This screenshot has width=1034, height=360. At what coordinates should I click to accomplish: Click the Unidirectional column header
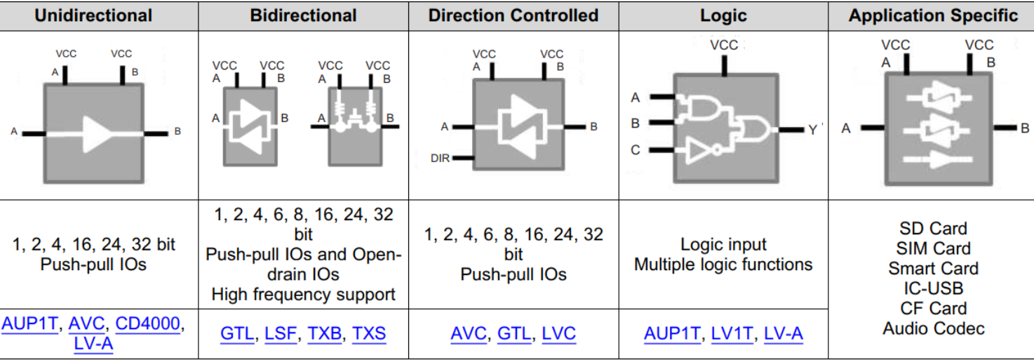pyautogui.click(x=93, y=15)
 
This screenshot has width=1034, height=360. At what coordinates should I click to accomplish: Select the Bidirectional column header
pyautogui.click(x=303, y=15)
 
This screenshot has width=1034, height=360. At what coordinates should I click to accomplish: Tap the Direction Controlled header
pyautogui.click(x=513, y=15)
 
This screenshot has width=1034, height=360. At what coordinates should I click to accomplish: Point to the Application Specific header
pyautogui.click(x=933, y=15)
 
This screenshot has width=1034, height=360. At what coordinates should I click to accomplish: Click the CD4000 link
pyautogui.click(x=148, y=324)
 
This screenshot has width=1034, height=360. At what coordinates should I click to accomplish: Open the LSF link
pyautogui.click(x=280, y=333)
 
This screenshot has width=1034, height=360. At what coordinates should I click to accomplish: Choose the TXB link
pyautogui.click(x=325, y=333)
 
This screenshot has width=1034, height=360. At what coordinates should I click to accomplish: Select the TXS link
pyautogui.click(x=369, y=333)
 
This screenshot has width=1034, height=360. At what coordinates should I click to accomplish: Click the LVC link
pyautogui.click(x=559, y=333)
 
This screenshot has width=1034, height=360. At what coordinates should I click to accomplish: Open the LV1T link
pyautogui.click(x=732, y=333)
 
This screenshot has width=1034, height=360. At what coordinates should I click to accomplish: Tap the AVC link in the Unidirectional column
pyautogui.click(x=87, y=324)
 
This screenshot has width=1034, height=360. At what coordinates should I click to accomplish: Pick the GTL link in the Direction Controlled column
pyautogui.click(x=513, y=333)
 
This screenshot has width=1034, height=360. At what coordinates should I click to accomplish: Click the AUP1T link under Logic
pyautogui.click(x=671, y=333)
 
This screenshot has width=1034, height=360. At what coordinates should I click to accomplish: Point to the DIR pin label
pyautogui.click(x=440, y=159)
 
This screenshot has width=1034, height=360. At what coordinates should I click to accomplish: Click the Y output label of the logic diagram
pyautogui.click(x=812, y=130)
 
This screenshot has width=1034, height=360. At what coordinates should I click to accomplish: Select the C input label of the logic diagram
pyautogui.click(x=636, y=150)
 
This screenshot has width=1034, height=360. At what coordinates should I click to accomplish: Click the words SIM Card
pyautogui.click(x=933, y=248)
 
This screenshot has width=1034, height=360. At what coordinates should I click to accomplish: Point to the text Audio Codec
pyautogui.click(x=933, y=328)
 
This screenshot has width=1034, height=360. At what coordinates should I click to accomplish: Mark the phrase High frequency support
pyautogui.click(x=303, y=295)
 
